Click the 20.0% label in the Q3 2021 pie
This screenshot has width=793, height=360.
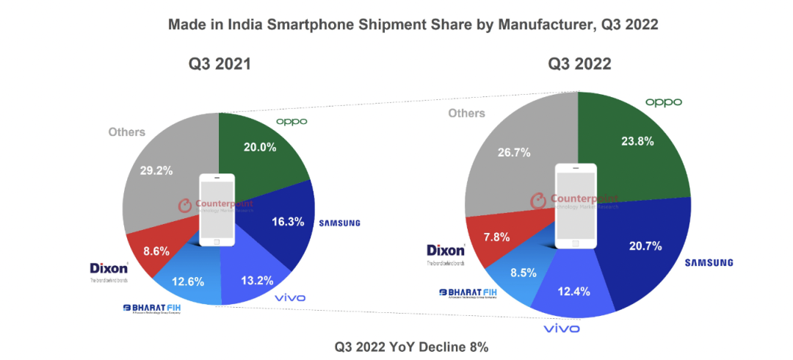[x=260, y=147]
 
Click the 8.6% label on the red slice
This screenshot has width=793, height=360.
[x=156, y=250]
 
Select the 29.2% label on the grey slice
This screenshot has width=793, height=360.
[x=156, y=170]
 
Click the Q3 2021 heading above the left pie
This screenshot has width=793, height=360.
[x=220, y=65]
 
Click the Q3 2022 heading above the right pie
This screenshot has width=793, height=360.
[x=579, y=65]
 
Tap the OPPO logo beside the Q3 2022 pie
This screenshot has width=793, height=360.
[x=664, y=102]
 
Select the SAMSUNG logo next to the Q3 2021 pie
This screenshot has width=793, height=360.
[x=340, y=223]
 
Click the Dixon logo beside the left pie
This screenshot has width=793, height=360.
[x=109, y=268]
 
